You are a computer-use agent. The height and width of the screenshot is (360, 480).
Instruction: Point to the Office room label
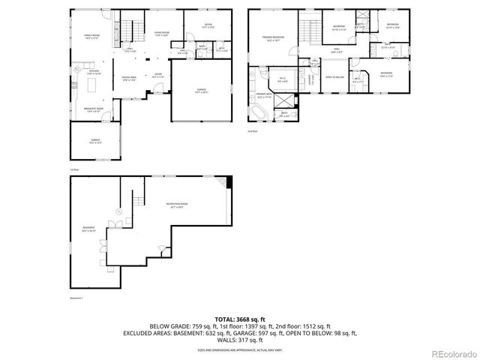pyautogui.click(x=208, y=26)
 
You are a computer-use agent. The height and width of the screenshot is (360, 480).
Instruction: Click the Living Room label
pyautogui.click(x=161, y=33)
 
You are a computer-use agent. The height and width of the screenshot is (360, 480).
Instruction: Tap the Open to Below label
pyautogui.click(x=334, y=76)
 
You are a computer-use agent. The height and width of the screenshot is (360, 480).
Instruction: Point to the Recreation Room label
pyautogui.click(x=177, y=204)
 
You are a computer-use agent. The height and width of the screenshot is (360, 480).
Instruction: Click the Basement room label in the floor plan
pyautogui.click(x=88, y=229)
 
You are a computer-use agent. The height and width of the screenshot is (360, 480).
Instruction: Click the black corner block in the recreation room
pyautogui.click(x=229, y=180)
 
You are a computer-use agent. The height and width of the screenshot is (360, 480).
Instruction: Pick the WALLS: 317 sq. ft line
pyautogui.click(x=239, y=340)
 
